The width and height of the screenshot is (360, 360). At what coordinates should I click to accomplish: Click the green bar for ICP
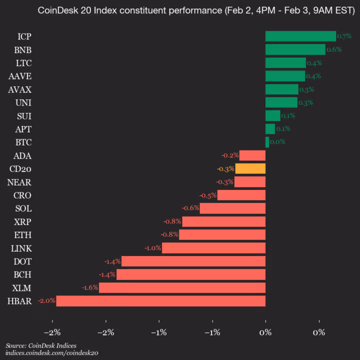[300, 36]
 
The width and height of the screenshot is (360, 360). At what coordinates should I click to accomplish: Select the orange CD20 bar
[250, 168]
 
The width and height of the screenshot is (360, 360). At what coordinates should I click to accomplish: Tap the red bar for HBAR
[160, 300]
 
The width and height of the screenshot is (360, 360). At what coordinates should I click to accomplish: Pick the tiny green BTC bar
[267, 142]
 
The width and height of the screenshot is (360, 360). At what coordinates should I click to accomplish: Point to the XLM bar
[182, 287]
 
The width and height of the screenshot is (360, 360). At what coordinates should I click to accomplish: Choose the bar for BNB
[295, 49]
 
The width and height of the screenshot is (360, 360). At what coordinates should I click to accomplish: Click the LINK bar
[213, 248]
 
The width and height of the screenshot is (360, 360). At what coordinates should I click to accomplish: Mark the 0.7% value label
[344, 36]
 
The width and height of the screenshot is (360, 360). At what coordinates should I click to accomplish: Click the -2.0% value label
[46, 301]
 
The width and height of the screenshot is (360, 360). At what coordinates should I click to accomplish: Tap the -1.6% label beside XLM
[89, 287]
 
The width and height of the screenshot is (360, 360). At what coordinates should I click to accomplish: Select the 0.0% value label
[277, 142]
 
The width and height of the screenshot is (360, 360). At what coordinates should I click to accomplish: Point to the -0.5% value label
[207, 195]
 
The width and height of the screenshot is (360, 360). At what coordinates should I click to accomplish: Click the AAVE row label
[20, 76]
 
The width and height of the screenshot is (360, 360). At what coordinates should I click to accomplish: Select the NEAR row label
[20, 181]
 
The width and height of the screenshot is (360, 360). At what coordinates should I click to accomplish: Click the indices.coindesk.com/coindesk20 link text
[52, 353]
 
